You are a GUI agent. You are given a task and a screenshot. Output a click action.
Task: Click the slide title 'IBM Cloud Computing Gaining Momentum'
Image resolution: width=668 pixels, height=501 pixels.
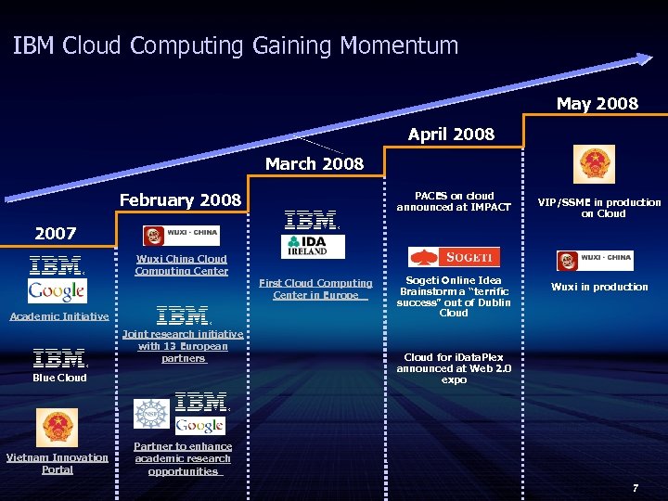[236, 45]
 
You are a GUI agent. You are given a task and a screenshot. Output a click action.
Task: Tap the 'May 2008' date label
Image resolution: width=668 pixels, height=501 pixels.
[597, 103]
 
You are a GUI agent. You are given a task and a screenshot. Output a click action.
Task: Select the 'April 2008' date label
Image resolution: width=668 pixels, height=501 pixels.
[451, 135]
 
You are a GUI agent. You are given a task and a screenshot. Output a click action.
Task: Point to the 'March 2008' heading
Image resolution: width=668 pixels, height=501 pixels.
[315, 164]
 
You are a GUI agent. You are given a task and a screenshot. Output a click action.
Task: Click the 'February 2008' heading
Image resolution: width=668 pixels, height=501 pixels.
[180, 199]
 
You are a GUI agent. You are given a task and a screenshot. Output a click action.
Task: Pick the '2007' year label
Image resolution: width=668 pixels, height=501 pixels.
[55, 232]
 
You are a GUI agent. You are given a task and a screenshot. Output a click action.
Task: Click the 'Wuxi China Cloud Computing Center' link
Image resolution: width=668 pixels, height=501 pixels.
[181, 265]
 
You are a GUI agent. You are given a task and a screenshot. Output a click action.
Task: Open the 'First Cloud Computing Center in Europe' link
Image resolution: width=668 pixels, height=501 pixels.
[315, 289]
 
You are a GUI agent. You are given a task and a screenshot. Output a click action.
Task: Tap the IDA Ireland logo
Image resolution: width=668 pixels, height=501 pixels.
[313, 247]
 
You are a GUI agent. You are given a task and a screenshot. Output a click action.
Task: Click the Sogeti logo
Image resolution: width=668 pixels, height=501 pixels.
[454, 257]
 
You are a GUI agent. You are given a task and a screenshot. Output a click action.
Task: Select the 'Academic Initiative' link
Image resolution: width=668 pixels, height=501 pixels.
[58, 316]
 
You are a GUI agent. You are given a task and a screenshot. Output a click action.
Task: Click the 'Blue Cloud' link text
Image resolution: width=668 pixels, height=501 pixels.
[59, 378]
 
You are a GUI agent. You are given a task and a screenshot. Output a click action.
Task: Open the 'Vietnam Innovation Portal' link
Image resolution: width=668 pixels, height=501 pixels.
[58, 463]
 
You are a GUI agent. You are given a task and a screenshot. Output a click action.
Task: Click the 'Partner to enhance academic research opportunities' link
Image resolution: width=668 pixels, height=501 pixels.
[183, 458]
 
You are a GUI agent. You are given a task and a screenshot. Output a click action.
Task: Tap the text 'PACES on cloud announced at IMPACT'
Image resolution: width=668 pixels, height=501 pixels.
[454, 201]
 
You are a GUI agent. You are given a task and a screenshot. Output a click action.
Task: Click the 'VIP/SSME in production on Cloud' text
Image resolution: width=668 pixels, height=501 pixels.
[599, 207]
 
